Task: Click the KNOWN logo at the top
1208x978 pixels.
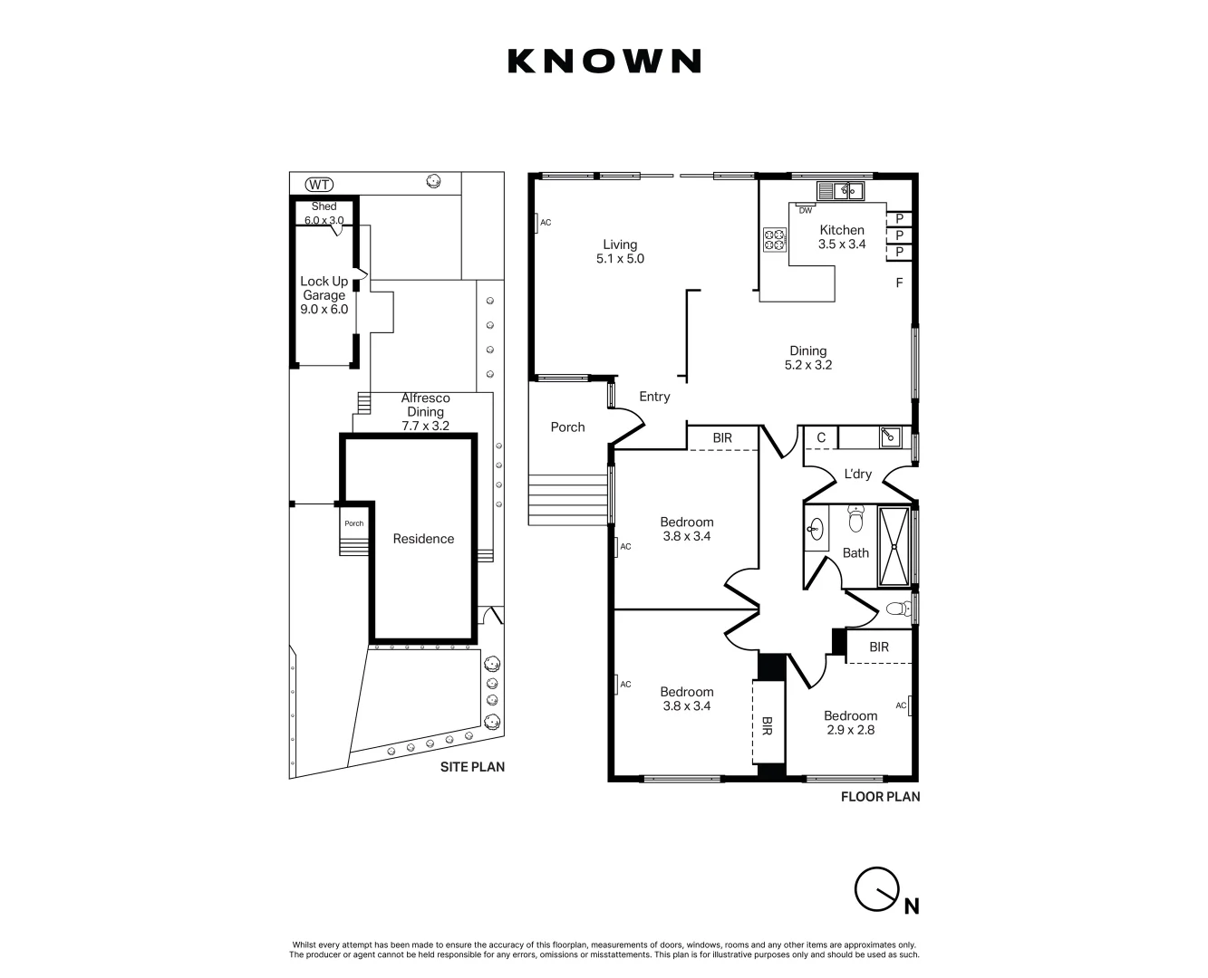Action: point(604,62)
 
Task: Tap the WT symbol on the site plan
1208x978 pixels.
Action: point(319,184)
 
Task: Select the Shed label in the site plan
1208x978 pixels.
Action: point(324,206)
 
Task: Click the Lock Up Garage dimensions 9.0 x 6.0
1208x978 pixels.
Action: point(324,310)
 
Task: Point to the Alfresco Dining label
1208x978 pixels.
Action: point(425,405)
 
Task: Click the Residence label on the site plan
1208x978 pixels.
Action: point(423,539)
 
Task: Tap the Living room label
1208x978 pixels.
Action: point(620,244)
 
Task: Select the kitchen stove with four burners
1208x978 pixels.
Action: point(774,240)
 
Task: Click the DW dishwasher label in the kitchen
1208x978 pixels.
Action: point(806,210)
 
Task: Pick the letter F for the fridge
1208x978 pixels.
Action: point(899,283)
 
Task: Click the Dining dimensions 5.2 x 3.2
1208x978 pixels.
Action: point(808,365)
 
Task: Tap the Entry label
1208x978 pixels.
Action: point(654,397)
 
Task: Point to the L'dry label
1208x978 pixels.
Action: point(857,474)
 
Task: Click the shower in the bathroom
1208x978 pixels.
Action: point(894,546)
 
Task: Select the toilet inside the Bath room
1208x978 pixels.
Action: point(855,518)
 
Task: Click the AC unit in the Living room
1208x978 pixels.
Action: point(537,223)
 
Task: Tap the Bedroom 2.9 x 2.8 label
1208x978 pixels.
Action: point(851,723)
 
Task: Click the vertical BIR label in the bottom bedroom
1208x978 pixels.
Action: point(767,726)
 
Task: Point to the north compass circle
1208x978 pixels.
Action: point(877,889)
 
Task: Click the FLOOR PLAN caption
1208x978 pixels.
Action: point(880,797)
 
